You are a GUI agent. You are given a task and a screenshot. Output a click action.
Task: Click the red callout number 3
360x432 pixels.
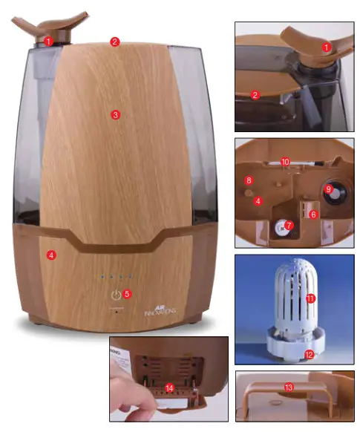(115, 114)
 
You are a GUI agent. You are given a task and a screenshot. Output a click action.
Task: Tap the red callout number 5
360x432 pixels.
(127, 294)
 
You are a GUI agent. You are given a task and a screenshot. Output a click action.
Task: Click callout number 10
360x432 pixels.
(285, 160)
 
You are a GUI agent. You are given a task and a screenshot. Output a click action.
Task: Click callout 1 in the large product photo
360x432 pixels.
(49, 41)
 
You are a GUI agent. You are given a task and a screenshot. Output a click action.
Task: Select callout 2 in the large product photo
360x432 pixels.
(114, 42)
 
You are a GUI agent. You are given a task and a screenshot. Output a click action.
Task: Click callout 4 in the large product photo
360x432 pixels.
(51, 255)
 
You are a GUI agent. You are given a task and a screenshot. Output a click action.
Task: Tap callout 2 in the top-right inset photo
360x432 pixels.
(255, 94)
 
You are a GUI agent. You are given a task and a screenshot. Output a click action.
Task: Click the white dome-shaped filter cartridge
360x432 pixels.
(295, 301)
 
